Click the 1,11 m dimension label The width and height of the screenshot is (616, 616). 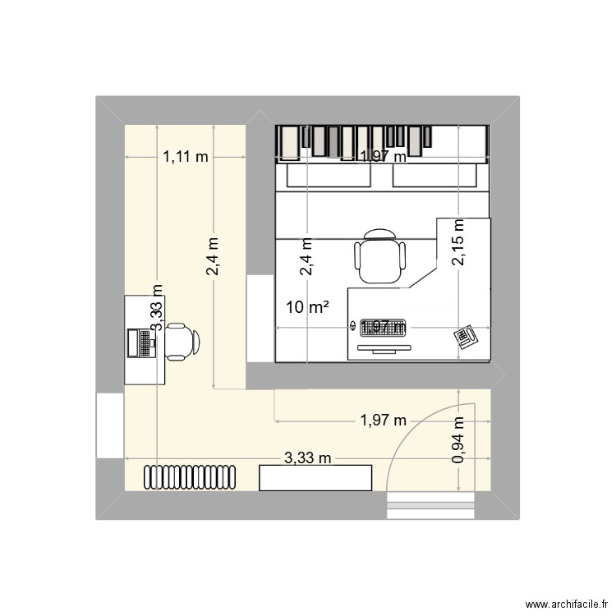185,157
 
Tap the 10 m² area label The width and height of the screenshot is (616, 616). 308,308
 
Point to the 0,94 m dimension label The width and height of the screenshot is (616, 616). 458,439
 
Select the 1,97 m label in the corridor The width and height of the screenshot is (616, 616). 383,421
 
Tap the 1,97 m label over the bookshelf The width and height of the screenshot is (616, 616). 383,157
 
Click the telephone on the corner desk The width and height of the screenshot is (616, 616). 467,338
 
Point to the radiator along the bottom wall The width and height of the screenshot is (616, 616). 191,476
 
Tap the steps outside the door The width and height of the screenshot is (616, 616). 431,506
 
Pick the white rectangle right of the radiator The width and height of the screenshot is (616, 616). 315,477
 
